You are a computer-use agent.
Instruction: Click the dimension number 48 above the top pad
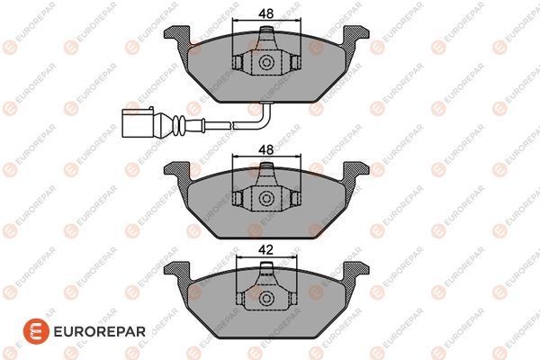click(266, 13)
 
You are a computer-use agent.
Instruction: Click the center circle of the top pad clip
click(266, 64)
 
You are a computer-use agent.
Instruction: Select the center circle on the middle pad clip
click(266, 199)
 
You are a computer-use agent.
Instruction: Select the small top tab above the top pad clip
click(266, 35)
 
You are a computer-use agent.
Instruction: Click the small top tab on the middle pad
click(266, 170)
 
